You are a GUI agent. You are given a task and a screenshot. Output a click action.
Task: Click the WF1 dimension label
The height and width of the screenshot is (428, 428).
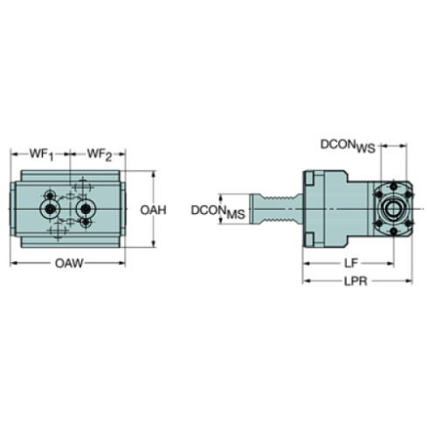(40, 155)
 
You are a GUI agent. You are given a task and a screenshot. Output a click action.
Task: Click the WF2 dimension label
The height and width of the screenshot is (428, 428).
(99, 155)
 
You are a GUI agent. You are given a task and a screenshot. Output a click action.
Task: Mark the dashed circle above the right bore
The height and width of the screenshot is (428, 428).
(84, 186)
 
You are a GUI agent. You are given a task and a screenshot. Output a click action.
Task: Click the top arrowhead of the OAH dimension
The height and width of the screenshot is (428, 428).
(155, 172)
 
